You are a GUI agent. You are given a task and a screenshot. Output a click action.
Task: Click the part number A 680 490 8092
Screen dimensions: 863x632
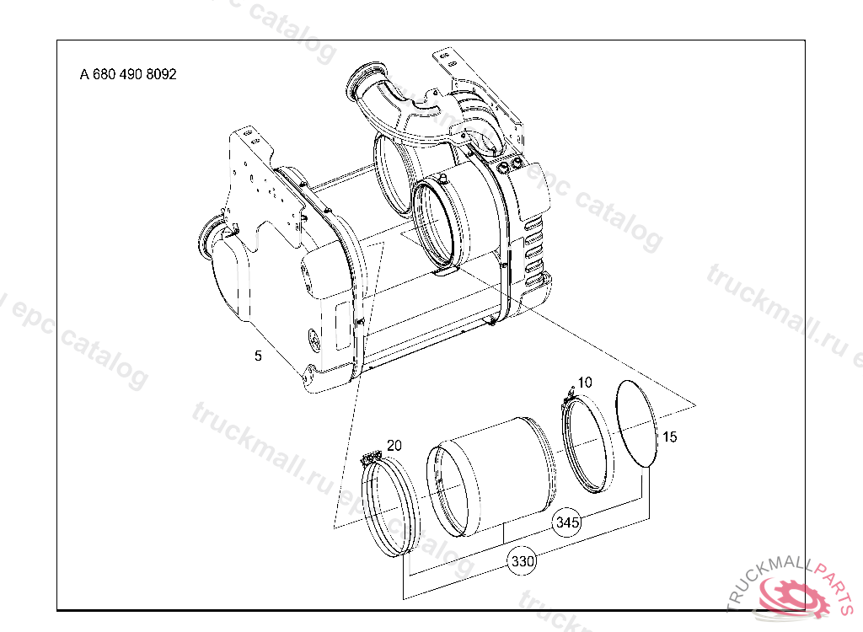pos(128,74)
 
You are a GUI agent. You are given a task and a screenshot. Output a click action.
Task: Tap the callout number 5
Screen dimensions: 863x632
pos(258,356)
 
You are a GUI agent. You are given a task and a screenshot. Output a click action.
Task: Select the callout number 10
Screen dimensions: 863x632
pos(585,382)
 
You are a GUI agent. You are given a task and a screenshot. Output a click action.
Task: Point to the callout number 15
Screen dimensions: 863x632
pos(669,437)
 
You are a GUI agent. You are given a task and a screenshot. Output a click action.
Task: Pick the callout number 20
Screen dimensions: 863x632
pos(394,445)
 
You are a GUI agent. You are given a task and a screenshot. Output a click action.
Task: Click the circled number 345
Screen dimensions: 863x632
pos(567,522)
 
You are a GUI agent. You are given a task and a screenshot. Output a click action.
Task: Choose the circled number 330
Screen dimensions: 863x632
pos(522,561)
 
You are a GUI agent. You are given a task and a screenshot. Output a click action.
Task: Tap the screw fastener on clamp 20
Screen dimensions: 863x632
pos(371,458)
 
